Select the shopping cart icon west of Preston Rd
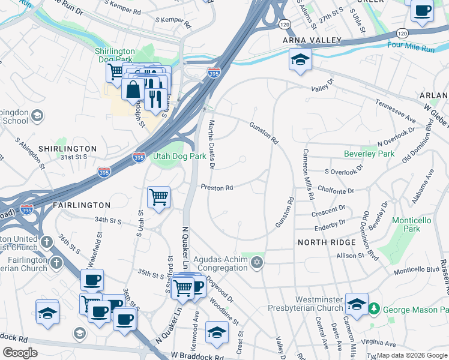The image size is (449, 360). click(158, 196)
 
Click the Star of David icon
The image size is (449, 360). click(258, 262)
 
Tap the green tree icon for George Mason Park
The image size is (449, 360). click(375, 309)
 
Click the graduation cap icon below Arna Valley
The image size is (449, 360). click(300, 59)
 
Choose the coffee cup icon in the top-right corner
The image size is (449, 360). click(423, 11)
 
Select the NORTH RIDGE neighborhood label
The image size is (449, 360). click(322, 242)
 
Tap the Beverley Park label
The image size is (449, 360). click(369, 154)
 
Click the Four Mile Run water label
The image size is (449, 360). click(411, 47)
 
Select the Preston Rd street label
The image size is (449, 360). click(217, 188)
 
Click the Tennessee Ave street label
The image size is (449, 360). click(396, 110)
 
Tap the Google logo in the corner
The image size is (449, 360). click(20, 352)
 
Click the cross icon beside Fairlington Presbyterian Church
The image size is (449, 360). click(56, 263)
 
